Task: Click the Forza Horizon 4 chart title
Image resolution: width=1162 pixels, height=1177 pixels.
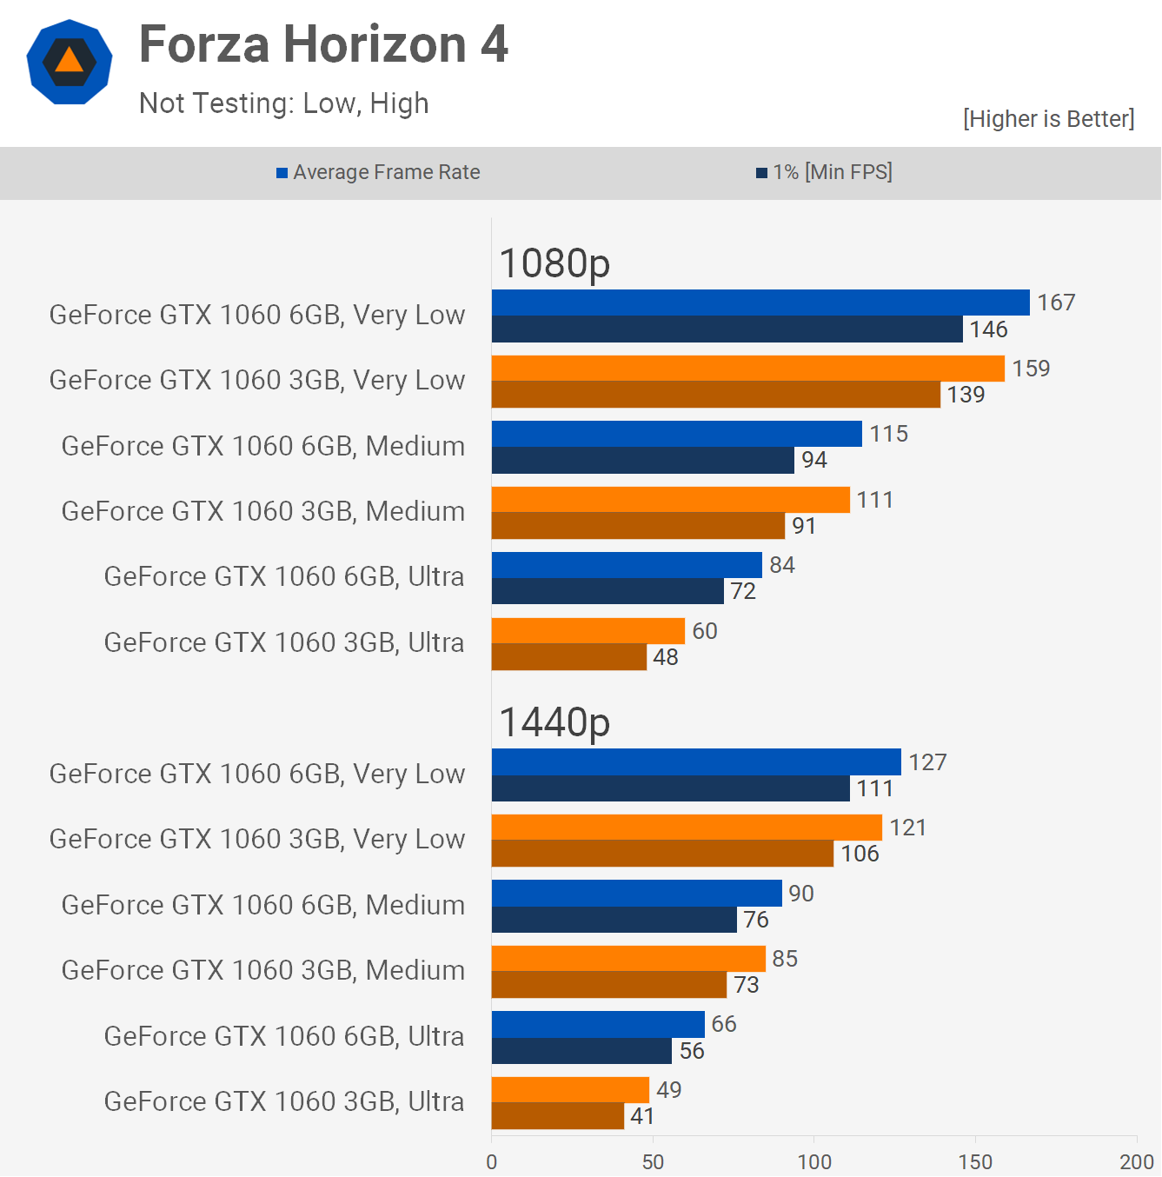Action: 323,44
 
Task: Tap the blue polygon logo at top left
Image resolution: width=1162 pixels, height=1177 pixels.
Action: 70,62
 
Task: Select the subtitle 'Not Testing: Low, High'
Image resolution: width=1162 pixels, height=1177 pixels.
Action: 283,103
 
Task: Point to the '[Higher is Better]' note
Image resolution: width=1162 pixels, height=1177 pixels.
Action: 1048,118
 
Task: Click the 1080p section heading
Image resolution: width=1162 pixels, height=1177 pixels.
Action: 554,263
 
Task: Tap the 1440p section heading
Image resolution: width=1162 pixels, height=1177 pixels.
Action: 554,721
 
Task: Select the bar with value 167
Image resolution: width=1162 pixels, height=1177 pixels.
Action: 760,303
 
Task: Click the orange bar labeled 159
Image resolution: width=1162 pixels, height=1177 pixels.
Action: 747,369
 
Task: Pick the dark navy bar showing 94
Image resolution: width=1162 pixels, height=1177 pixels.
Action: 643,460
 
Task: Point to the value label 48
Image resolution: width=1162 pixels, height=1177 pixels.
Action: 666,657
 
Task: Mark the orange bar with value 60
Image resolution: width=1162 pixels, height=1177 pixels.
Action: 588,631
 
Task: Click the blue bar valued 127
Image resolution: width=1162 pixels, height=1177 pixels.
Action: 696,762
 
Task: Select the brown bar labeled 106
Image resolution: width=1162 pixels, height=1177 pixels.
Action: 662,854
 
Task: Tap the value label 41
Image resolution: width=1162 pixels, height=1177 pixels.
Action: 642,1116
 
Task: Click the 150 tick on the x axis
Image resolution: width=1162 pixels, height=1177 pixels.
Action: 975,1162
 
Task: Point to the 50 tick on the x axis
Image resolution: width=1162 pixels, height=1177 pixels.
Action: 653,1162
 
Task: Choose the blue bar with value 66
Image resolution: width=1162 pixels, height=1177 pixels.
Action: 598,1024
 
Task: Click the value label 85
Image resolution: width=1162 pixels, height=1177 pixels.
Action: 785,959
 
